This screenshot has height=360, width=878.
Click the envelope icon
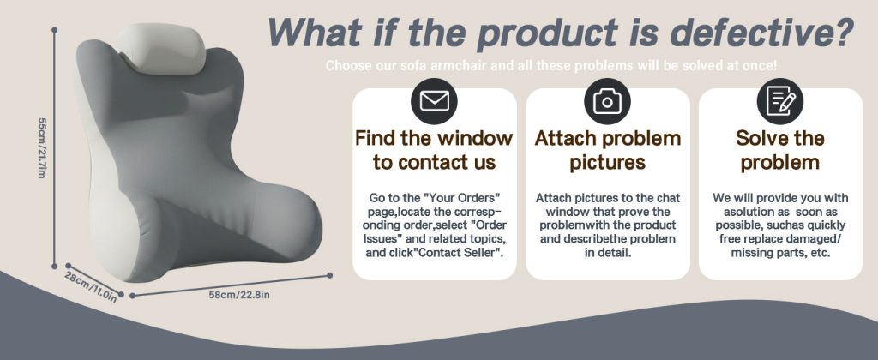click(x=434, y=101)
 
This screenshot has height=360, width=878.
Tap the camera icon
click(x=608, y=101)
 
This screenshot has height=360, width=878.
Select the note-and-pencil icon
click(x=780, y=101)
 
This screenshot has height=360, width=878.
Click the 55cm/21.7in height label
click(x=41, y=147)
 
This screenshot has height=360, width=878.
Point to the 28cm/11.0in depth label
click(x=91, y=286)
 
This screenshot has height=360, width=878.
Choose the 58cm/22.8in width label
click(x=239, y=295)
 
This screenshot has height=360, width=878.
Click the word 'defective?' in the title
click(x=761, y=33)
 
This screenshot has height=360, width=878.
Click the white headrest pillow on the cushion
click(x=162, y=49)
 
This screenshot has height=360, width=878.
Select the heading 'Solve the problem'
click(x=780, y=150)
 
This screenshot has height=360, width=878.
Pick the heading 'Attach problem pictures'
click(x=608, y=150)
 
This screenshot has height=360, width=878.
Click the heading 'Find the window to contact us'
click(x=434, y=150)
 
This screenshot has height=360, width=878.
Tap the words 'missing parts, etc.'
click(x=780, y=253)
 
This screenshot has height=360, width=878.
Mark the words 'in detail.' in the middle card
click(x=608, y=253)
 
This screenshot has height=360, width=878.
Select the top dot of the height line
click(x=54, y=30)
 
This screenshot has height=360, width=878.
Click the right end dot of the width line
click(x=330, y=275)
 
